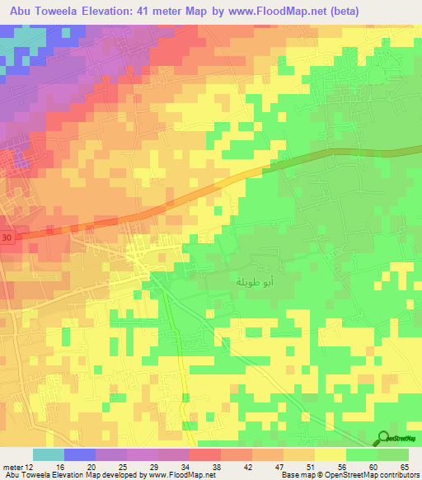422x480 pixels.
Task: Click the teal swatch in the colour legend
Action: tap(49, 454)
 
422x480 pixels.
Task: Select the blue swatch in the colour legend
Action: tap(80, 454)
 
